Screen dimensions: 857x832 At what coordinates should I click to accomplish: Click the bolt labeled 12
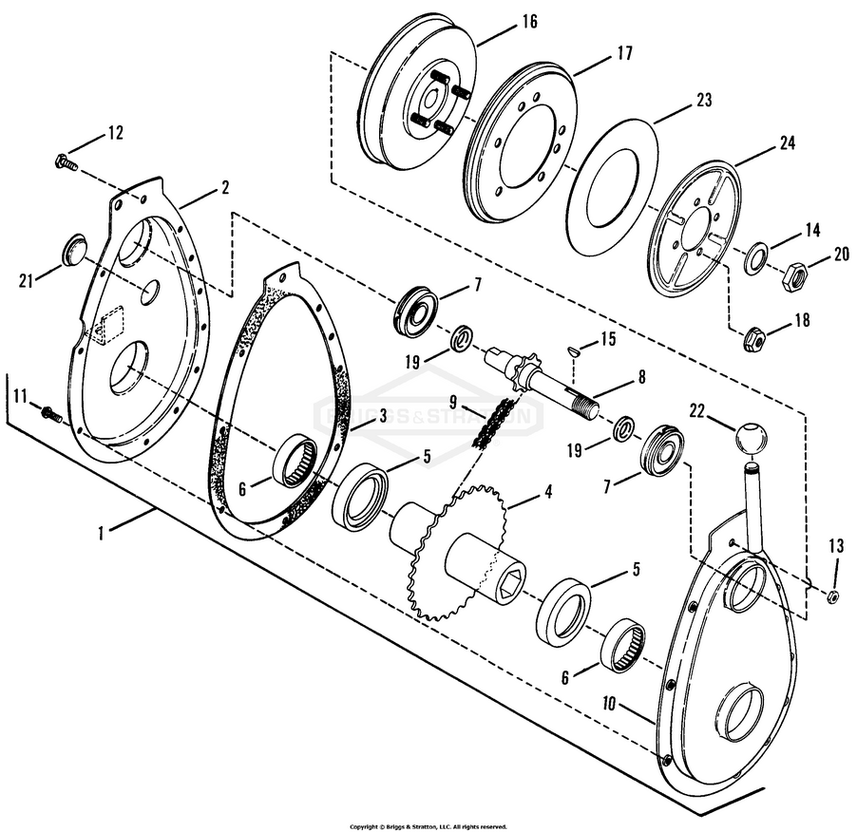pos(66,162)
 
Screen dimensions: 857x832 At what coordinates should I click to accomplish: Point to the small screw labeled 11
pos(51,413)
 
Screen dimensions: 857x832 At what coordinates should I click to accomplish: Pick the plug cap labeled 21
pos(74,251)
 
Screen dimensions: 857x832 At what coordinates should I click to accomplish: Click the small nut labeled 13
pos(833,597)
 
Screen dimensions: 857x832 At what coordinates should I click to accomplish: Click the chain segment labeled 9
pos(492,425)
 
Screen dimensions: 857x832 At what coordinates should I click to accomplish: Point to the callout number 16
pos(529,21)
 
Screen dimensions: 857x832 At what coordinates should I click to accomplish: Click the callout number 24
pos(787,142)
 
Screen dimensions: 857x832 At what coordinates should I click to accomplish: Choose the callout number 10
pos(610,703)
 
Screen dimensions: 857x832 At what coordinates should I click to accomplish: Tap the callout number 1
pos(101,533)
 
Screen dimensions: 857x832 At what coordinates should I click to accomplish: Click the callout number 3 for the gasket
pos(383,415)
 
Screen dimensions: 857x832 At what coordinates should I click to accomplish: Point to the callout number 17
pos(624,53)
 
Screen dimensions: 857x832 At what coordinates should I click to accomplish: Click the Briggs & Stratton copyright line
pos(428,826)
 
